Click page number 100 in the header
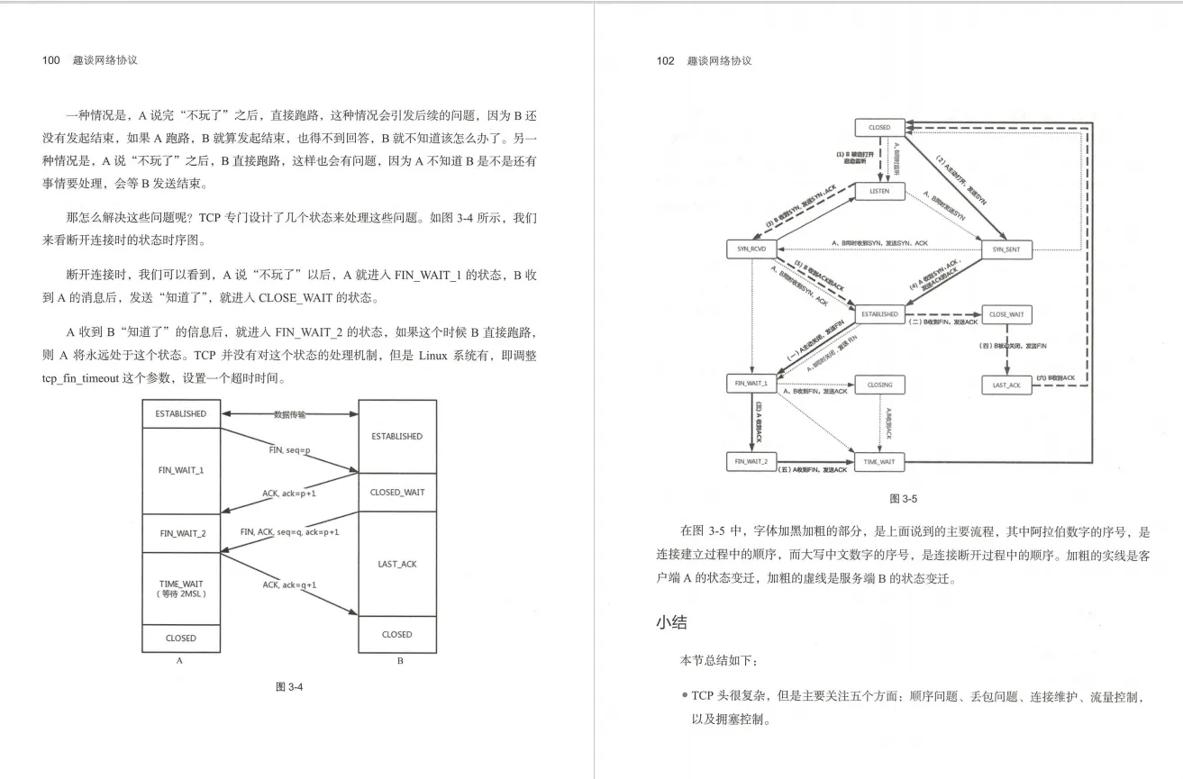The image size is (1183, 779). [50, 60]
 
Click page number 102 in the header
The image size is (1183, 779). [665, 60]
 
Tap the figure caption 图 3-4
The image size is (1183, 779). [288, 687]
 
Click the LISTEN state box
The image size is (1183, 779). [879, 191]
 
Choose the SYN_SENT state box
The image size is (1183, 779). [1006, 249]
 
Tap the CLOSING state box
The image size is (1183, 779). [879, 385]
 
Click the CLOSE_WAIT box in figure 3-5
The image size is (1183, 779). [1006, 314]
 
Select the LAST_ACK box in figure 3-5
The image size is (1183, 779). [1006, 385]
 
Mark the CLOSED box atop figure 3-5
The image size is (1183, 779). [879, 128]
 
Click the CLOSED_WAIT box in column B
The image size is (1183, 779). [397, 492]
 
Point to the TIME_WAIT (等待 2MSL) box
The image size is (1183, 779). [180, 588]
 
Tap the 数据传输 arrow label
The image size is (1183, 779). [289, 414]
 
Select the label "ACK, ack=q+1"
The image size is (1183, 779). [289, 584]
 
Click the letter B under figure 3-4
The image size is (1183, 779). [399, 662]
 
